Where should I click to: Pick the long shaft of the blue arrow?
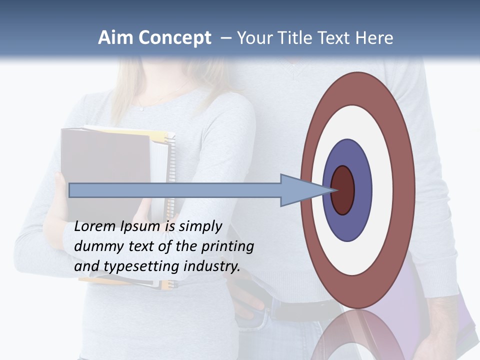pyautogui.click(x=175, y=190)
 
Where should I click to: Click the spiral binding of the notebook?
pyautogui.click(x=171, y=165)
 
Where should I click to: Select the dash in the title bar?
pyautogui.click(x=226, y=38)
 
